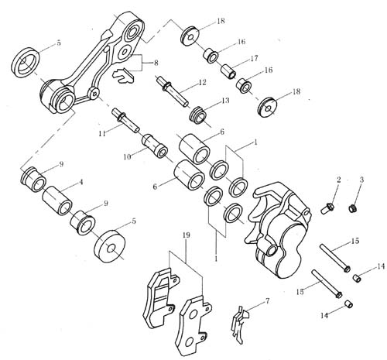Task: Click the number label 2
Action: pos(338,180)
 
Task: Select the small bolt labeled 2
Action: pos(327,208)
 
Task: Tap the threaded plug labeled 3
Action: pos(353,208)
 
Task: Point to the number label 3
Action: pos(361,180)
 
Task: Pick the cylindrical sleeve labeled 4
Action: pos(57,201)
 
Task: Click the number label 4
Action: pos(80,182)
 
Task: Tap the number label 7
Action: pos(267,300)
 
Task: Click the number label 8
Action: pos(156,63)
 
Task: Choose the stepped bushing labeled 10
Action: pos(155,146)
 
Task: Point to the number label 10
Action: pos(127,156)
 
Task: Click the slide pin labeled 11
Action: pos(125,121)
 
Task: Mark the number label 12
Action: pos(202,82)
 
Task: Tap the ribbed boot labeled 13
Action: pos(199,115)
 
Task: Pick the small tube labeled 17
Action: pos(228,71)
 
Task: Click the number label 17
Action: pos(254,58)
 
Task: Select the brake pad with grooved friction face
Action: pos(159,298)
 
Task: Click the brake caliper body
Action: pos(279,232)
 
